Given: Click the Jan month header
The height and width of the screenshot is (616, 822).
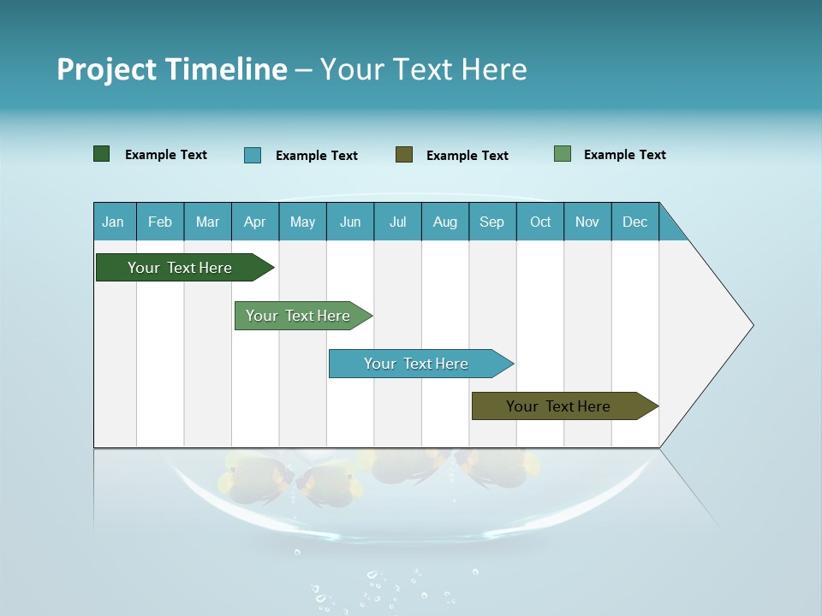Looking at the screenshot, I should coord(113,222).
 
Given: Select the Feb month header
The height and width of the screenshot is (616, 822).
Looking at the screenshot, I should coord(160,222).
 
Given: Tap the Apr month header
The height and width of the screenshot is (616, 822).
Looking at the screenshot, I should coord(255,222).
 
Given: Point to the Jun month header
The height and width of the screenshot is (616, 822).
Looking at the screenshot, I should coord(350,222).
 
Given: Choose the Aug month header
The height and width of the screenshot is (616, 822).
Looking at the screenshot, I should coord(445,222).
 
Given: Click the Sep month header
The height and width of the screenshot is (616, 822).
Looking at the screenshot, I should coord(492,222).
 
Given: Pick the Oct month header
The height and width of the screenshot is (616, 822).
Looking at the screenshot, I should coord(540,222).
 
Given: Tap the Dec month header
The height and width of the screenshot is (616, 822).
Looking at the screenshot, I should coord(635,222).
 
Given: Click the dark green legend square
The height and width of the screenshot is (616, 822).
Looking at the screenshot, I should coord(102,154).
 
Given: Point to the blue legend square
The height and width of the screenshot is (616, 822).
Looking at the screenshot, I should coord(253,155).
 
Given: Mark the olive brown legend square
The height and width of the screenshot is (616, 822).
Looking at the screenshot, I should coord(404,155).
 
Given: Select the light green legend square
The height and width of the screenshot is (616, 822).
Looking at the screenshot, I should coord(563,154).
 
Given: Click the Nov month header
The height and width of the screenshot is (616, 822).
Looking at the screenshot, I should coord(587,222).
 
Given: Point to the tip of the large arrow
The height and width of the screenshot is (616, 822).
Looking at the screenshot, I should coord(752,325).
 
